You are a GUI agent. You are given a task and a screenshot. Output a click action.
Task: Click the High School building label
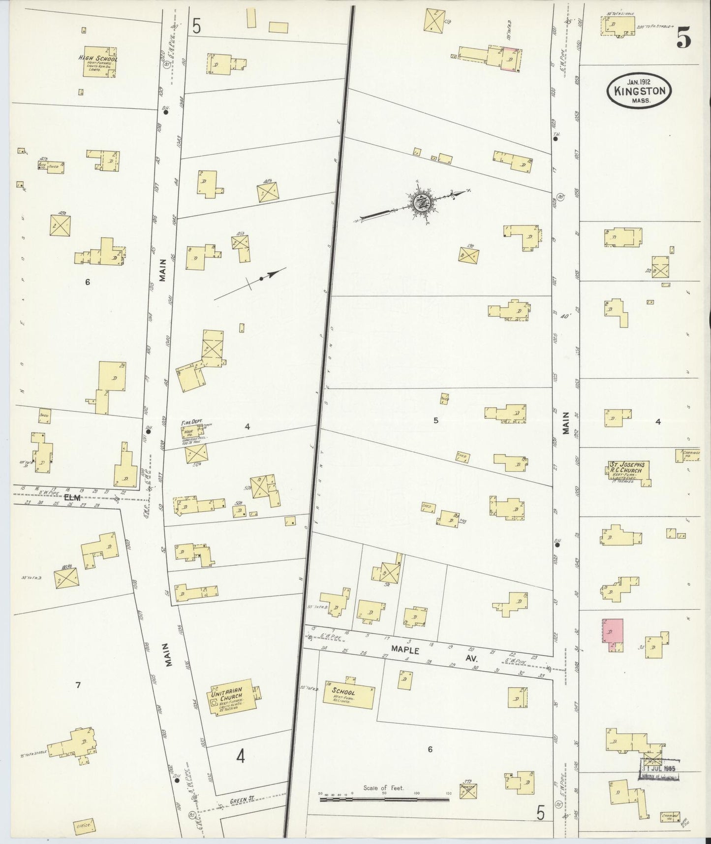tap(97, 58)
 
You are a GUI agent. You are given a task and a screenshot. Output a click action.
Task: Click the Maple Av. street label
tap(405, 650)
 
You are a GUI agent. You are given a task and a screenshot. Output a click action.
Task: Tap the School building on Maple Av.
tap(348, 695)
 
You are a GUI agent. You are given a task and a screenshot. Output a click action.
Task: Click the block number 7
tap(78, 685)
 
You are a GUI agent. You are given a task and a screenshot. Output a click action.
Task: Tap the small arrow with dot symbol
tap(261, 278)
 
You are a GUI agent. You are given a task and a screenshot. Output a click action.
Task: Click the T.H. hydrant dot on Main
tap(556, 139)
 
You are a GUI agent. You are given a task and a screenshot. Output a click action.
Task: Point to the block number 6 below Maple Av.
tap(430, 749)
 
